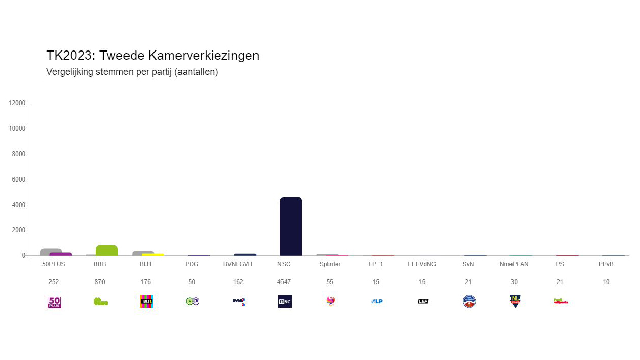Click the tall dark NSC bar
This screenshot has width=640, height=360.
291,226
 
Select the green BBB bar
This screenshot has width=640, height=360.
107,250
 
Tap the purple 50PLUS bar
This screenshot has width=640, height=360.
61,254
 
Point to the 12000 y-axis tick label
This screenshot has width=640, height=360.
17,103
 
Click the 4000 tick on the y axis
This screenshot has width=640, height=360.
19,205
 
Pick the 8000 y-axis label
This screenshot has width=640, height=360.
19,154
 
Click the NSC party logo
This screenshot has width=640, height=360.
285,301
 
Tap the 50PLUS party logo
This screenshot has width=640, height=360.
54,302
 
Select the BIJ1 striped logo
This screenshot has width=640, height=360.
147,301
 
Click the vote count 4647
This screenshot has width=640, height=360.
284,282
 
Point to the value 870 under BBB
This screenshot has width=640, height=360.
100,282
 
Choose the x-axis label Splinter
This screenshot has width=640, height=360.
330,264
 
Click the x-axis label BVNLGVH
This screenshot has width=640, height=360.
238,264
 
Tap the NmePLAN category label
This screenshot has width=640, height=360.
514,264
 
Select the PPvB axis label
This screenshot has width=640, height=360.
606,264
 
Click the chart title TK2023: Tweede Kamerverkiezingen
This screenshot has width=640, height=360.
152,56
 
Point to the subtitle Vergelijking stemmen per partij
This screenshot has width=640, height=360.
132,72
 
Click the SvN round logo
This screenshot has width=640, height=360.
469,301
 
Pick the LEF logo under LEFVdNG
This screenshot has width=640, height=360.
423,301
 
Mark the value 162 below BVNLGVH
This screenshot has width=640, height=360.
238,282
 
